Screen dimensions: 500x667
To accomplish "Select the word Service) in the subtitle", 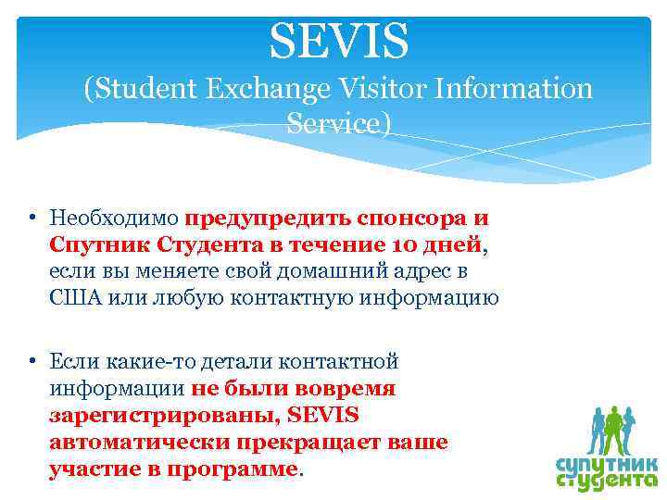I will pyautogui.click(x=339, y=123).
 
